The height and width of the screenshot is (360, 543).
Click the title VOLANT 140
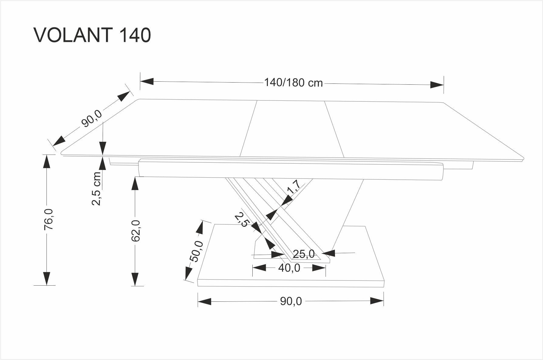tap(92, 35)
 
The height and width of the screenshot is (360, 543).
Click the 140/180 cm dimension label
tap(293, 83)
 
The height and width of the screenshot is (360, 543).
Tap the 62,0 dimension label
tap(136, 231)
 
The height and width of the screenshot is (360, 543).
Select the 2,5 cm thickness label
tap(96, 188)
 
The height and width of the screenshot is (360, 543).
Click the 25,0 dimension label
tap(304, 254)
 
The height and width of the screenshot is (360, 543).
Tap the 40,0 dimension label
tap(289, 268)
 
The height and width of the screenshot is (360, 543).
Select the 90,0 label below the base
tap(291, 301)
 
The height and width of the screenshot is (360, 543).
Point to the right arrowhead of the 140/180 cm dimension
tap(437, 85)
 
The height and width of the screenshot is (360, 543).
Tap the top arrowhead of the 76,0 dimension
tap(46, 161)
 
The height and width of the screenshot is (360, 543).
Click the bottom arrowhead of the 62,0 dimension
tap(135, 279)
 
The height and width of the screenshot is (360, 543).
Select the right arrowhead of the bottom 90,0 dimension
tap(377, 301)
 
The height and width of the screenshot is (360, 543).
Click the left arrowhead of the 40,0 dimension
tap(259, 267)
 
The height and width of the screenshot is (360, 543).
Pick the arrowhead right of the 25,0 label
tap(328, 253)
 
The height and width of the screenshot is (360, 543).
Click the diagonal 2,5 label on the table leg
tap(242, 219)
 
